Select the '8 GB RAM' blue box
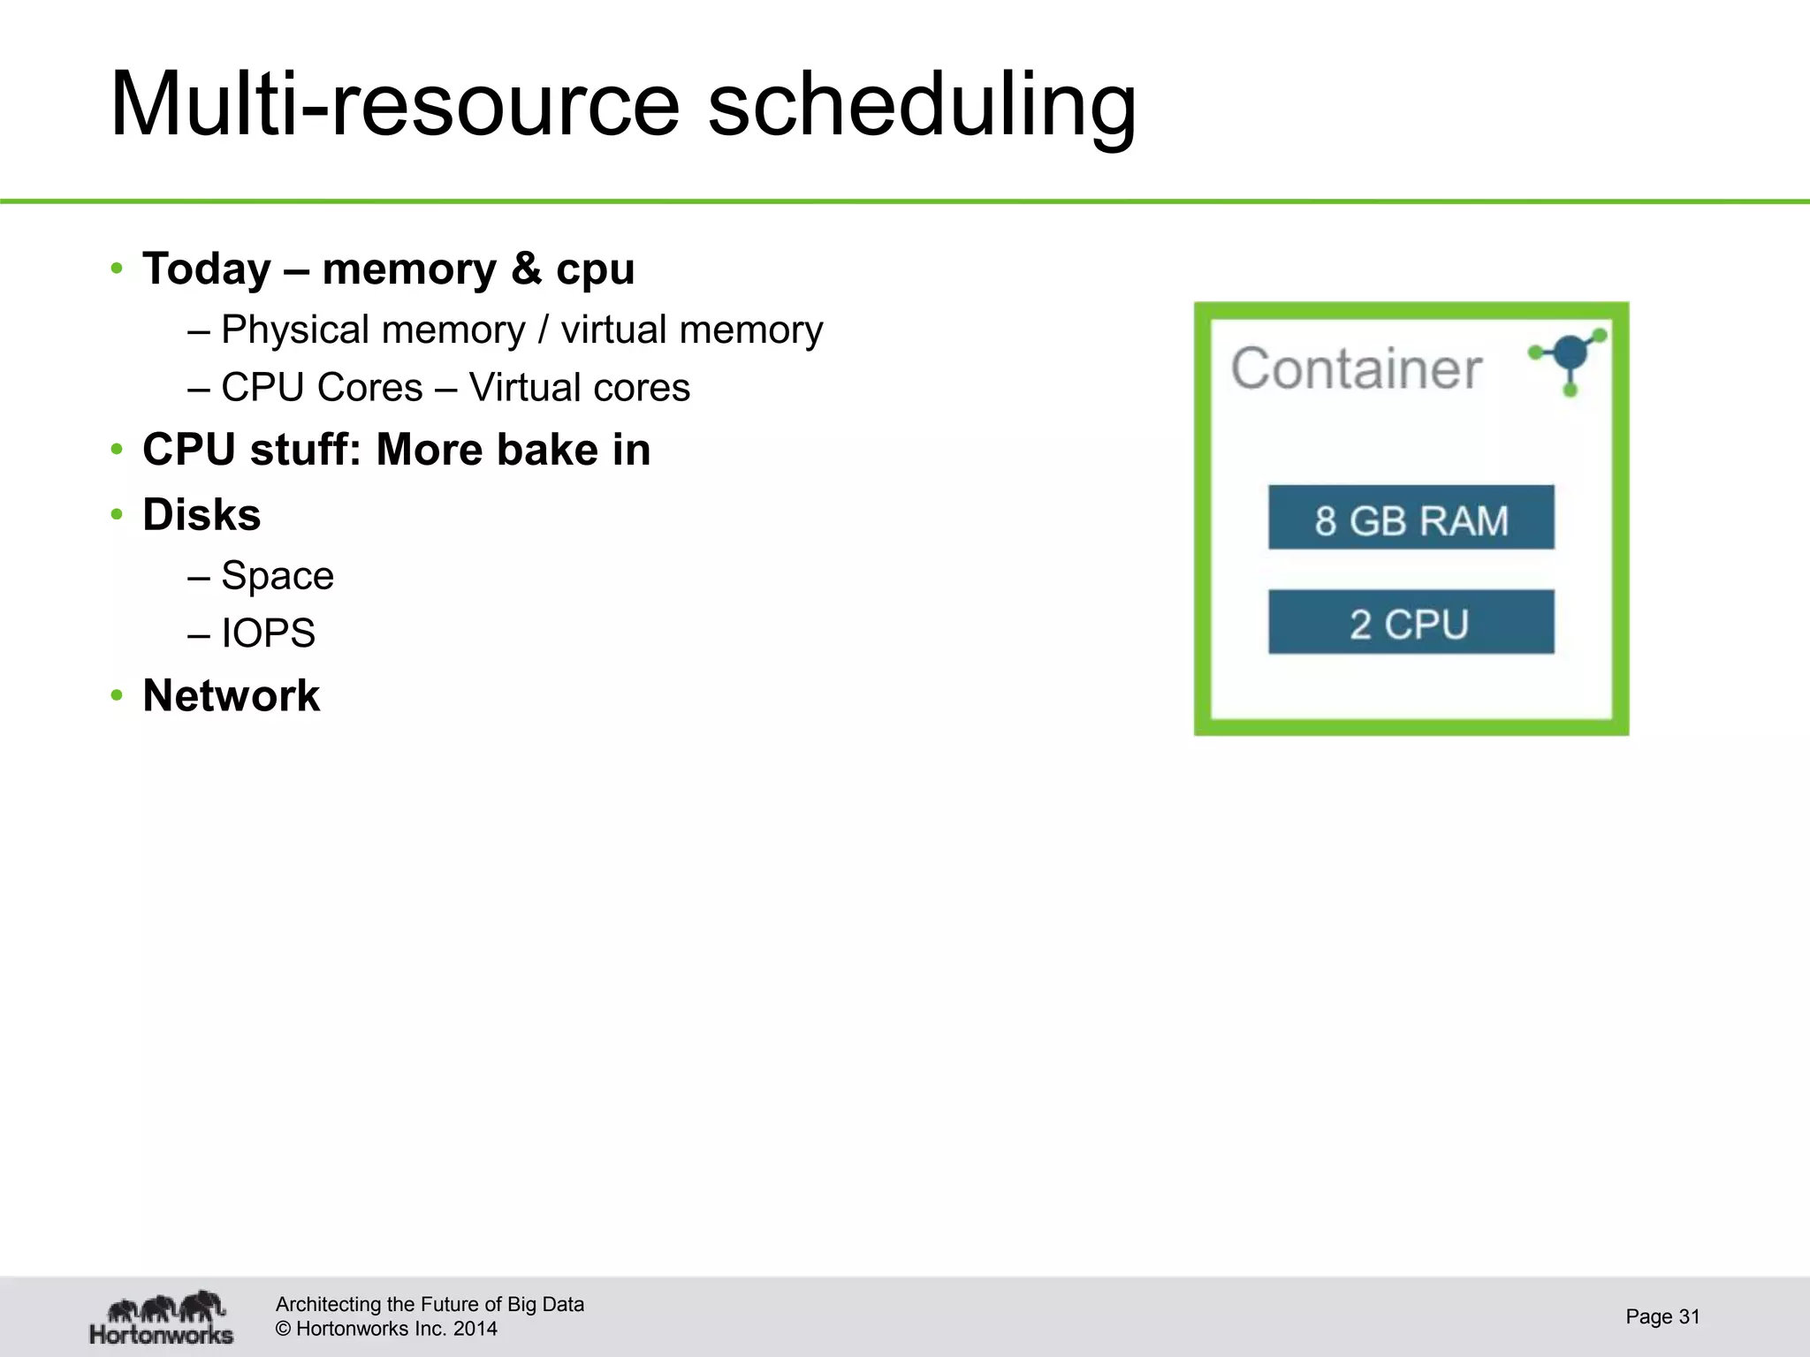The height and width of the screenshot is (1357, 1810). tap(1411, 519)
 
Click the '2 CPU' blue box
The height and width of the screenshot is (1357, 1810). tap(1411, 623)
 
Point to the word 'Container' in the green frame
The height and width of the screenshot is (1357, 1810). tap(1356, 368)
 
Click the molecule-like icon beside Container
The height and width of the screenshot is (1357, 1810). tap(1570, 360)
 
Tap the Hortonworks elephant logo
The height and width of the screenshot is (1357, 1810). tap(163, 1317)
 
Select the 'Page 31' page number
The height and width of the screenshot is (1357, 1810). tap(1662, 1316)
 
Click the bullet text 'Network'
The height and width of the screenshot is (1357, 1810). tap(231, 695)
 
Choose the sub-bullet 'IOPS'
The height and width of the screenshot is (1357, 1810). tap(268, 633)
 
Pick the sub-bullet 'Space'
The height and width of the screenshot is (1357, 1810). tap(277, 576)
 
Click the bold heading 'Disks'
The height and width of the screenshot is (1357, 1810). tap(202, 515)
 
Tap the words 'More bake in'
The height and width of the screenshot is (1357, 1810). tap(513, 450)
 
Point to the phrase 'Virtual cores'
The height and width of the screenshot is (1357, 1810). tap(579, 388)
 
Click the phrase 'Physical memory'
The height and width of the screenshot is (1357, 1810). tap(372, 330)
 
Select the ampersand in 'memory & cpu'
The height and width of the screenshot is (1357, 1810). tap(526, 269)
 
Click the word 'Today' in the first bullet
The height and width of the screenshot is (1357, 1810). tap(207, 269)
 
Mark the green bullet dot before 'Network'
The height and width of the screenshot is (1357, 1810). tap(117, 696)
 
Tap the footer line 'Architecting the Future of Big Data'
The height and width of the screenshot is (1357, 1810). tap(430, 1304)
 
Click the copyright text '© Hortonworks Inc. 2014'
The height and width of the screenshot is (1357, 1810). tap(386, 1329)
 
